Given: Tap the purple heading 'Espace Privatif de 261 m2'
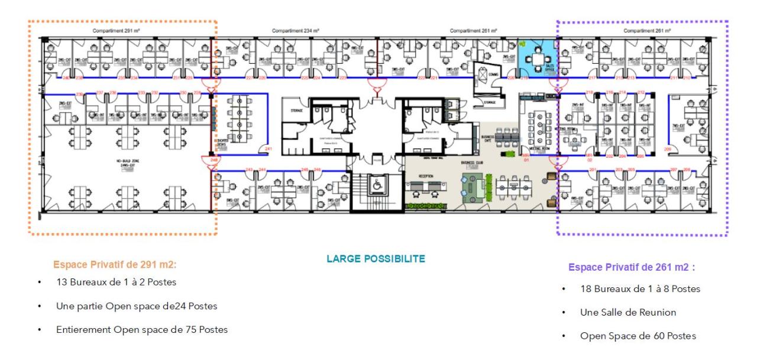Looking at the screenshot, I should click(x=631, y=267).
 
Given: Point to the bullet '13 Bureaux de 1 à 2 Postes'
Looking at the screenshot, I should click(x=116, y=281).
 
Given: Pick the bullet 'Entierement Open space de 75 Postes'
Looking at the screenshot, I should click(x=142, y=329).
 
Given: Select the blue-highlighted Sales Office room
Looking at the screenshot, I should click(x=536, y=59).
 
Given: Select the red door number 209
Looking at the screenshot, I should click(x=668, y=149).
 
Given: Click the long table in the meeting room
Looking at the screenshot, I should click(x=539, y=125).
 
